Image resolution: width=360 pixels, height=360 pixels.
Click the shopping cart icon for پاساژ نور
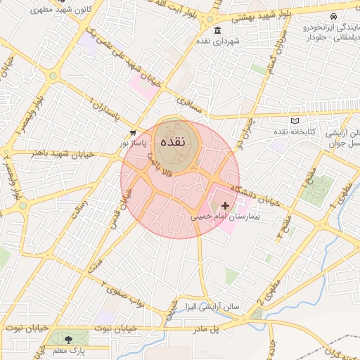point(133,132)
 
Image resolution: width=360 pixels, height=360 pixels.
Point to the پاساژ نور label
point(134,143)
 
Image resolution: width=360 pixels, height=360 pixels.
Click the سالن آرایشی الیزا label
point(212,307)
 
